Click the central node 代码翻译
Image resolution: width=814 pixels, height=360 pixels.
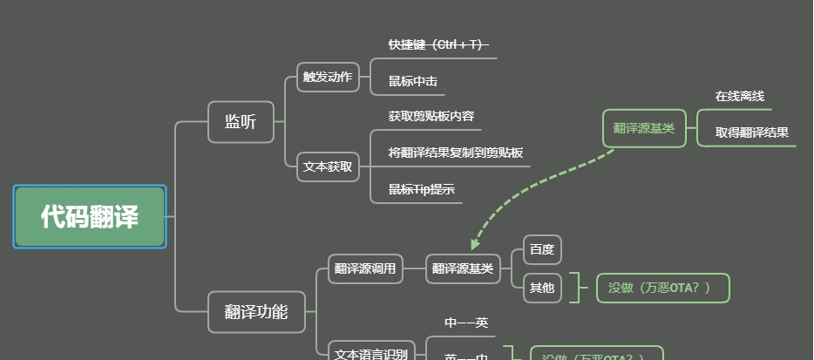click(x=90, y=216)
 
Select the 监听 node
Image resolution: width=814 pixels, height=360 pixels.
click(x=241, y=122)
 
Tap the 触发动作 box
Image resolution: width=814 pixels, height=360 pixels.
click(x=328, y=77)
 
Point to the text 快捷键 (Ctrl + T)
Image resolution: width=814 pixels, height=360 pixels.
click(x=438, y=44)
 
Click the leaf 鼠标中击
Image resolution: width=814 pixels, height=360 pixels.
click(x=413, y=81)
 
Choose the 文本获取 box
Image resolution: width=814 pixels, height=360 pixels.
click(x=328, y=166)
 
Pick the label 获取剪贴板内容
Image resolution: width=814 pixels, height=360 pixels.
click(x=431, y=116)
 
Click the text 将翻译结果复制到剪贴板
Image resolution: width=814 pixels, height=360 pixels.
click(x=456, y=153)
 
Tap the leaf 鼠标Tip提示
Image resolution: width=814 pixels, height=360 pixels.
click(x=422, y=189)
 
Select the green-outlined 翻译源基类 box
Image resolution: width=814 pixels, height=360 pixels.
click(x=644, y=128)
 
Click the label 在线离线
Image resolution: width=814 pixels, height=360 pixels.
click(x=740, y=96)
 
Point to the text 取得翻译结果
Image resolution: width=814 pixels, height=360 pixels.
click(x=752, y=132)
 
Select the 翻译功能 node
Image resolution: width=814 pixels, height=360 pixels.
click(x=256, y=311)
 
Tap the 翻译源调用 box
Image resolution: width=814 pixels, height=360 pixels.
click(x=365, y=268)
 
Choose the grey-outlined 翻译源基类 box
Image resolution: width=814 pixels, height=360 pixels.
click(x=463, y=268)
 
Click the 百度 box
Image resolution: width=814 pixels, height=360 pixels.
click(x=542, y=250)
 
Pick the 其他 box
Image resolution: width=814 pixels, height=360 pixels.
click(x=542, y=288)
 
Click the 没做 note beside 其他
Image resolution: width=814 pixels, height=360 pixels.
click(x=662, y=288)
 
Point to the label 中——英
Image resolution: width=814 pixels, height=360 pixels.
click(x=466, y=323)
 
